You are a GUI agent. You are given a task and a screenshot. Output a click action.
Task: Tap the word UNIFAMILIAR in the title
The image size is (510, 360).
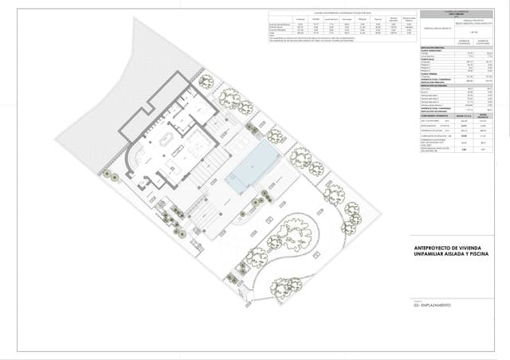point(435,256)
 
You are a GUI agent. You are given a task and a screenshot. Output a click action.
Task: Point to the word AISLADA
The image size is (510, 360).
point(469,256)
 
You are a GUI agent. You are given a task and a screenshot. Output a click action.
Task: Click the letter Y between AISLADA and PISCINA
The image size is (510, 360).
point(483,256)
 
